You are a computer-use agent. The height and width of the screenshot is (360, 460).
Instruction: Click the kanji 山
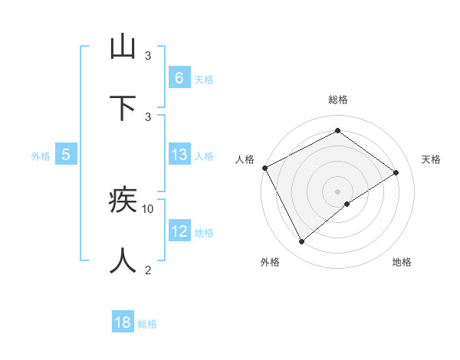pyautogui.click(x=123, y=47)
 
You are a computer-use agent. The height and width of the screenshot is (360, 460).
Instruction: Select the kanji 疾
pyautogui.click(x=123, y=201)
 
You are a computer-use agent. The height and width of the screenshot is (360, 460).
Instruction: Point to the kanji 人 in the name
pyautogui.click(x=123, y=260)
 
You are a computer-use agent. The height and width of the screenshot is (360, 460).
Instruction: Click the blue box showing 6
pyautogui.click(x=179, y=78)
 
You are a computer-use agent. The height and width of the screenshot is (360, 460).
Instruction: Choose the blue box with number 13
pyautogui.click(x=179, y=155)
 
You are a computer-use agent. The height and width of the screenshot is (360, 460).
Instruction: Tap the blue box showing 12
pyautogui.click(x=179, y=231)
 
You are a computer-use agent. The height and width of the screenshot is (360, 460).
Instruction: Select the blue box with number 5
pyautogui.click(x=66, y=155)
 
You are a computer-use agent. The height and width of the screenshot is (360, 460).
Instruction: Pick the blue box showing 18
pyautogui.click(x=123, y=322)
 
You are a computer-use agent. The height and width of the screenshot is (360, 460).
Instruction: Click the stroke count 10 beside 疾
pyautogui.click(x=148, y=208)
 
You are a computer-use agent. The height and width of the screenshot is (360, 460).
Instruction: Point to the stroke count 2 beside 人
pyautogui.click(x=148, y=269)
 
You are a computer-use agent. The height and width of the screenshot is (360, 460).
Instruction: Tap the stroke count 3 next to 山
pyautogui.click(x=148, y=56)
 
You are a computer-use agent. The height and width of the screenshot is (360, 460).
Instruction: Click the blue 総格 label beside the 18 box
pyautogui.click(x=147, y=324)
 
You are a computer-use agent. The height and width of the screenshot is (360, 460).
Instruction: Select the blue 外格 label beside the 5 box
pyautogui.click(x=41, y=156)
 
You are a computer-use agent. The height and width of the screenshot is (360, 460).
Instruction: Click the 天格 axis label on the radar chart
pyautogui.click(x=431, y=159)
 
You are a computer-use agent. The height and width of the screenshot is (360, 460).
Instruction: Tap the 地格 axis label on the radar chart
pyautogui.click(x=402, y=262)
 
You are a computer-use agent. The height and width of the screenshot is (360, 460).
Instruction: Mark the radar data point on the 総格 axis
pyautogui.click(x=337, y=131)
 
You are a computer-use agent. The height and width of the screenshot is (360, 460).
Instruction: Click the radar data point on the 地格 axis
pyautogui.click(x=347, y=204)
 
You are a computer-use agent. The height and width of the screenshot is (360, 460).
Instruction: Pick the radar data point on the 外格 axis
pyautogui.click(x=301, y=242)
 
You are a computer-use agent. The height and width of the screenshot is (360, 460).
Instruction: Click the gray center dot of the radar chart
pyautogui.click(x=337, y=191)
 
